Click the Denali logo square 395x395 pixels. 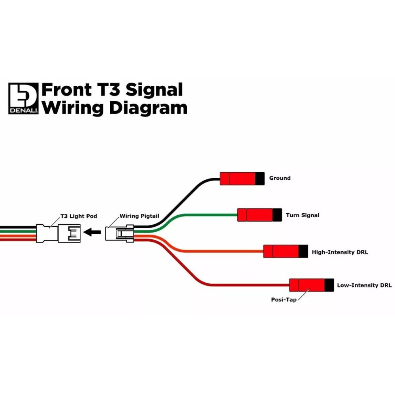(23, 98)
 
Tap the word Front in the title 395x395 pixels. (66, 90)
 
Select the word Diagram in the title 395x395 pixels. (148, 107)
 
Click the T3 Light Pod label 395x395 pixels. (79, 216)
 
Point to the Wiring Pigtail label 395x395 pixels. (139, 216)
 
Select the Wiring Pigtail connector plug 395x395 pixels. (120, 233)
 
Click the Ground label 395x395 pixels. (280, 178)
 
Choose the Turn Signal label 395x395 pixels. (303, 215)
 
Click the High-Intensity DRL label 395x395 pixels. (340, 252)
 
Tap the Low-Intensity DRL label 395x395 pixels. (364, 285)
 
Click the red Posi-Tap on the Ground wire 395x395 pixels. (237, 179)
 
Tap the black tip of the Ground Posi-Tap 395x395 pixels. (260, 179)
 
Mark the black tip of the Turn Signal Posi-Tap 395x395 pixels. (277, 215)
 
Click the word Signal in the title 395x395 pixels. (154, 90)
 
